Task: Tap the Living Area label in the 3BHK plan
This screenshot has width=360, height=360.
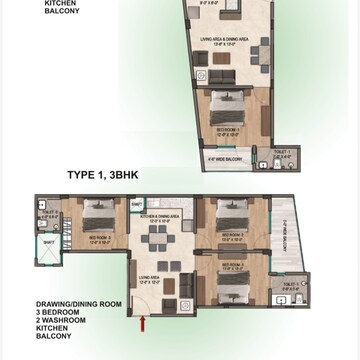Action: point(148,281)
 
